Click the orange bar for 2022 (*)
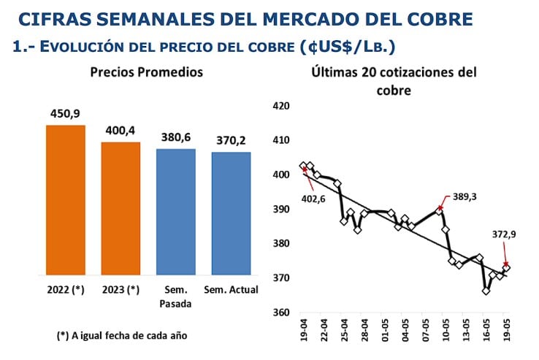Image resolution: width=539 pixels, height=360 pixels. click(65, 200)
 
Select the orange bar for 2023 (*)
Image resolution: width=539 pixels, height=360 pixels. click(121, 208)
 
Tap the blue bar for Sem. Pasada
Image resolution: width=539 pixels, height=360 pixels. click(176, 212)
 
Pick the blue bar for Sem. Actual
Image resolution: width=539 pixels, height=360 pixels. click(232, 213)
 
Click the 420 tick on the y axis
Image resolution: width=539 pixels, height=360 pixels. click(280, 106)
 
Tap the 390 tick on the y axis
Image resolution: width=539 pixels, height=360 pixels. click(280, 210)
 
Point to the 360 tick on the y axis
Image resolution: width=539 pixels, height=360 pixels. click(280, 313)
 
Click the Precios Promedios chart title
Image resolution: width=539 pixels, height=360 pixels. click(146, 72)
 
